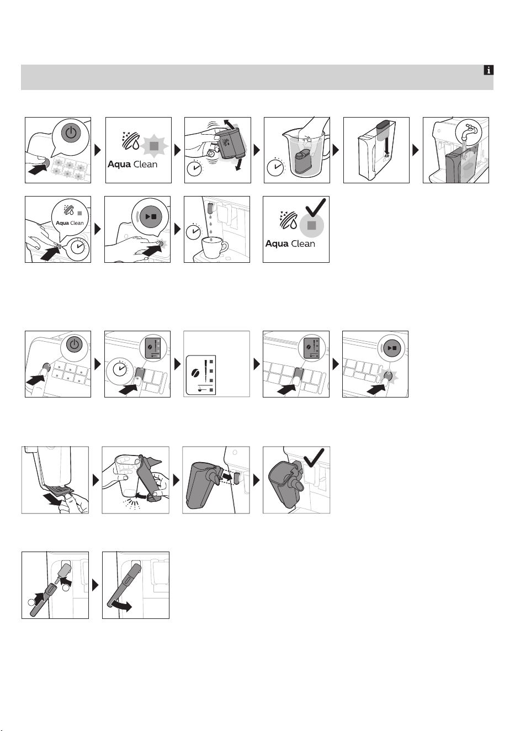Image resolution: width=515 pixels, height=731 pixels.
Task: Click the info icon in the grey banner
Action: pyautogui.click(x=489, y=70)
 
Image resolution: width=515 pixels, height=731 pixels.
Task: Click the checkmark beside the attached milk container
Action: pyautogui.click(x=314, y=457)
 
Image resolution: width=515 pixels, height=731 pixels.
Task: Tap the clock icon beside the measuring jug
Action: pyautogui.click(x=276, y=167)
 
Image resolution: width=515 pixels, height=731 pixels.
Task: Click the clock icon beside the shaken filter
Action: pyautogui.click(x=195, y=168)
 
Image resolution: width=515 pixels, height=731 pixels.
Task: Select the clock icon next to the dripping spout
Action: pyautogui.click(x=194, y=232)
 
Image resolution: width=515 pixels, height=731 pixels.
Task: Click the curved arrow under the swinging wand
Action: pyautogui.click(x=121, y=606)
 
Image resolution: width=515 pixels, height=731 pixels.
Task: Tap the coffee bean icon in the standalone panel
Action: pyautogui.click(x=197, y=372)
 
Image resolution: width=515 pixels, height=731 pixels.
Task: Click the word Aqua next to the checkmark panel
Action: pyautogui.click(x=277, y=243)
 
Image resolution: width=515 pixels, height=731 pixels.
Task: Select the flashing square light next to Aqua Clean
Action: pyautogui.click(x=154, y=146)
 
